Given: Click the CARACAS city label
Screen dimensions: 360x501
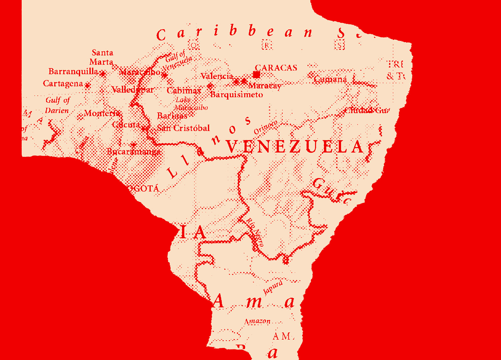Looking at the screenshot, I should (276, 68).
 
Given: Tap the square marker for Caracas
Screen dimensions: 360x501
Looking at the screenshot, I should (257, 75).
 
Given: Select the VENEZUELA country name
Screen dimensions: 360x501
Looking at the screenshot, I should (294, 147).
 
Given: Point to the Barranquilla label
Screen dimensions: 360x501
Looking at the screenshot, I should (73, 72).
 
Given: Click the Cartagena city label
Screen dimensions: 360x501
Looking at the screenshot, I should (63, 84).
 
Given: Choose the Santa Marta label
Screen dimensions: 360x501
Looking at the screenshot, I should (101, 57).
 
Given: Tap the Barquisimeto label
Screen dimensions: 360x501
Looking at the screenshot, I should (236, 95).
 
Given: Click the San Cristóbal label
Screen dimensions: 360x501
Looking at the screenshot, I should (183, 128).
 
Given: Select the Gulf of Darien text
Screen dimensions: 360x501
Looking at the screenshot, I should (57, 105).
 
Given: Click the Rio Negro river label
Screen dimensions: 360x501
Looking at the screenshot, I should (255, 232).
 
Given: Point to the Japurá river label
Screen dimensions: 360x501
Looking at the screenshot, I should (273, 288).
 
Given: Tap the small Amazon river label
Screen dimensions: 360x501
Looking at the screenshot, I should (257, 321).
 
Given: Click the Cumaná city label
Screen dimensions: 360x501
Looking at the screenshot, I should (330, 79).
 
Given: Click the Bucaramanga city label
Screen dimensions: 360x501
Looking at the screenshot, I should (134, 152).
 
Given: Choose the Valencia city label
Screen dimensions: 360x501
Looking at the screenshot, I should (217, 76).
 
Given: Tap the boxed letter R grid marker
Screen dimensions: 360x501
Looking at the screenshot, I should (267, 45).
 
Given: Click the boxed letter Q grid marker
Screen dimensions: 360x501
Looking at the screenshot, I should (194, 46).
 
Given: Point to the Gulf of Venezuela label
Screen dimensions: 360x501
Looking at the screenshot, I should (177, 61).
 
